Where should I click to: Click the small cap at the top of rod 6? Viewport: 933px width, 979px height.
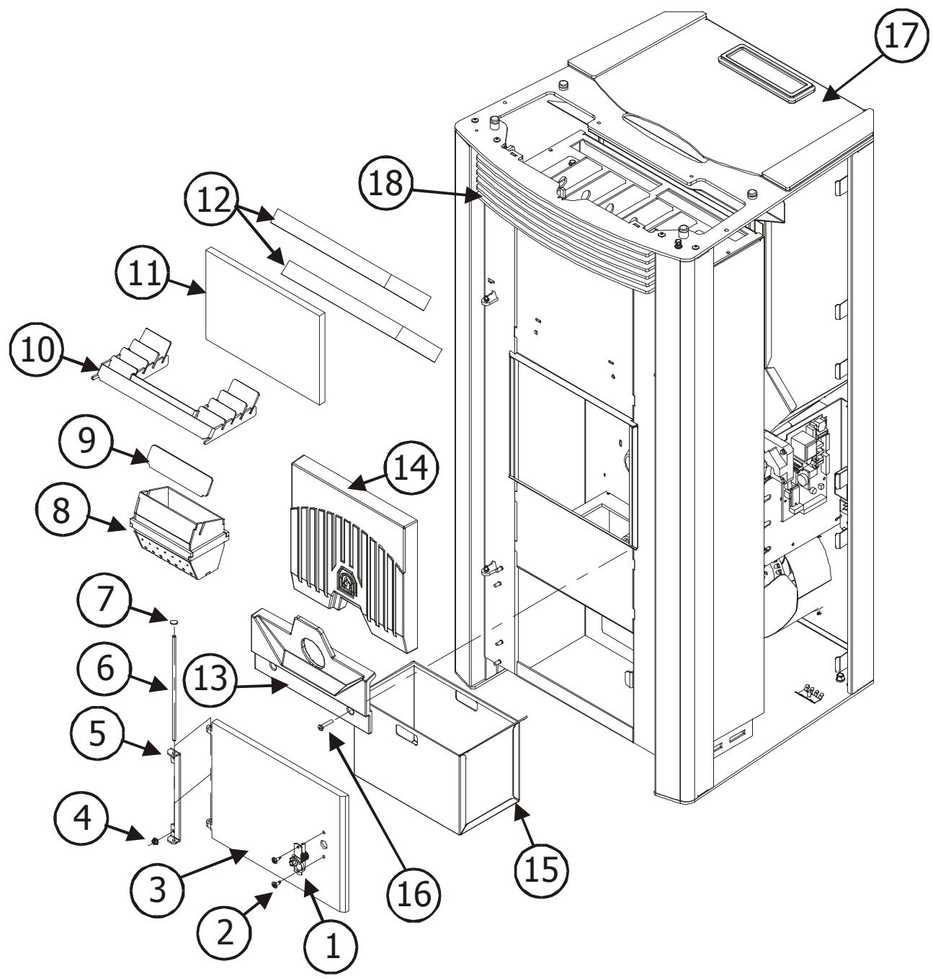click(174, 619)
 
